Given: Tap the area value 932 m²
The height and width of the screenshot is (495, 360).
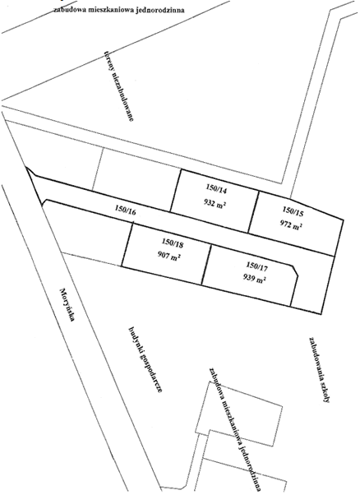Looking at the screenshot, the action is point(215,204).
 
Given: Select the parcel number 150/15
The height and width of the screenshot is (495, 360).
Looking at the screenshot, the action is point(293,210).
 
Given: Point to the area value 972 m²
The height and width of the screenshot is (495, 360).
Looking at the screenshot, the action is point(291,224).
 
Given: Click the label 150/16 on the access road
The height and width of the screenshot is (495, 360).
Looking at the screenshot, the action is point(126,210).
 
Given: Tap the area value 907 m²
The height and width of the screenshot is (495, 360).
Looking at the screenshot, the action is point(169,256).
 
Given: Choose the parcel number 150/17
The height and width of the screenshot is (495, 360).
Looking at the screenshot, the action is point(256,266).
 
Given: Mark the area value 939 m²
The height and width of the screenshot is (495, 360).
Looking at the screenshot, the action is point(254,279).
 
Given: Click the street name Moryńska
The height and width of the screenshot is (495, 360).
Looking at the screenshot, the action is point(67,304).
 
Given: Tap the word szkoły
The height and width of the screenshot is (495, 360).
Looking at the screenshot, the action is point(324,391).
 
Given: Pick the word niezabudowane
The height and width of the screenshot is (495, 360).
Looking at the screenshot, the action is point(122,97).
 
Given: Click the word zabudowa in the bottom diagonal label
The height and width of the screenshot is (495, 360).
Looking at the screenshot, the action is point(216,384).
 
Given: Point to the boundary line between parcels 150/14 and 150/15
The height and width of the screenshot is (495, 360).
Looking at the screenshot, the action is point(253,212).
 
